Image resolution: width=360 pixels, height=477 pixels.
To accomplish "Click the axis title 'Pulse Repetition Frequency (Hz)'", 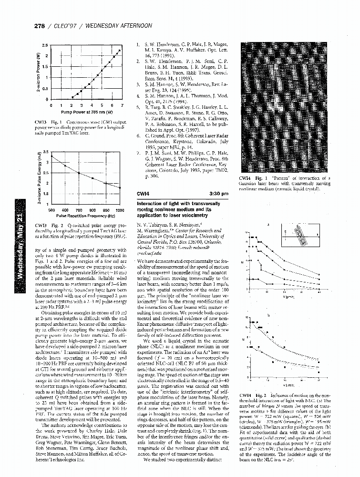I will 83,216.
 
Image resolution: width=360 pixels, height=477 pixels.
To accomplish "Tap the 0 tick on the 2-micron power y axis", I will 47,100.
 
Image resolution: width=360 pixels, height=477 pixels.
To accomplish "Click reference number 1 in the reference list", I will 138,45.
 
